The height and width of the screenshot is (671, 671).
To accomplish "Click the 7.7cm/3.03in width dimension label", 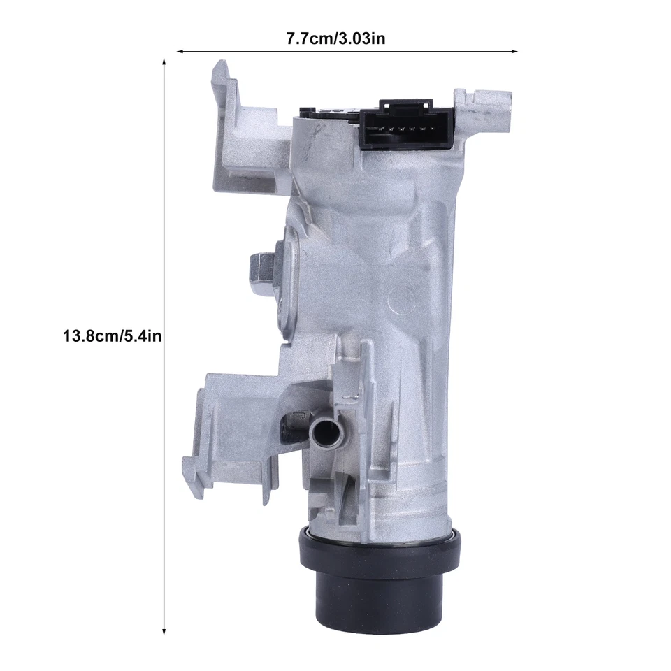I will (x=335, y=38).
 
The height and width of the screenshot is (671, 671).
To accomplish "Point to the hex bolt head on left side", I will (x=260, y=268).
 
